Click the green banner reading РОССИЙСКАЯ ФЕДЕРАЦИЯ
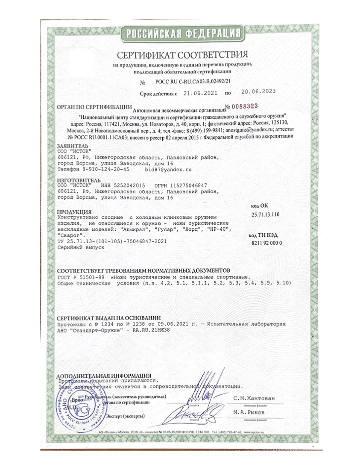click(181, 33)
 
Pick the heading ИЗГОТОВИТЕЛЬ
click(75, 180)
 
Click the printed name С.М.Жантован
click(255, 398)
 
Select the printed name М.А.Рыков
click(249, 412)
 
